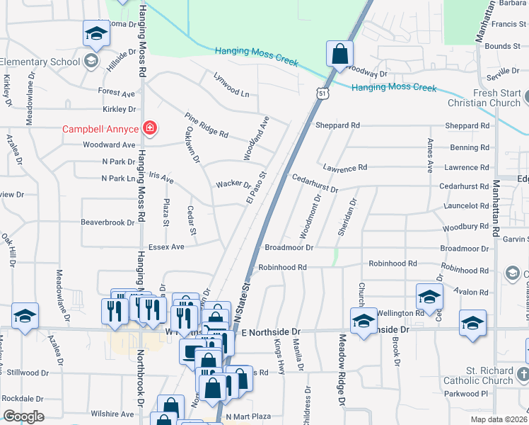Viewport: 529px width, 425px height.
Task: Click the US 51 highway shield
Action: point(322,93)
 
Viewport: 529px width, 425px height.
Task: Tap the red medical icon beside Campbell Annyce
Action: point(150,128)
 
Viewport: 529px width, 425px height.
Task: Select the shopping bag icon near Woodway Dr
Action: point(339,53)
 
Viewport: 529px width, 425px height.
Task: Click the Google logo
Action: point(23,416)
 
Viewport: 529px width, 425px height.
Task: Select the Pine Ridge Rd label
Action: point(207,125)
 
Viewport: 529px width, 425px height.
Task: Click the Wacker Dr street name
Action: point(233,184)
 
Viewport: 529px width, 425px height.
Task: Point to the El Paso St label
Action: point(256,188)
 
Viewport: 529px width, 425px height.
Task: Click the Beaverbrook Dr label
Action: point(107,222)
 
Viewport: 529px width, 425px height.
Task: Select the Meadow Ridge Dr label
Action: point(342,370)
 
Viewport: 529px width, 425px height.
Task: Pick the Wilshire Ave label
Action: point(112,414)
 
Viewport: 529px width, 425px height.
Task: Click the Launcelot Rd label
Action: point(464,206)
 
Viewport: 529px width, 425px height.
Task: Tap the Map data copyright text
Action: point(499,419)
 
